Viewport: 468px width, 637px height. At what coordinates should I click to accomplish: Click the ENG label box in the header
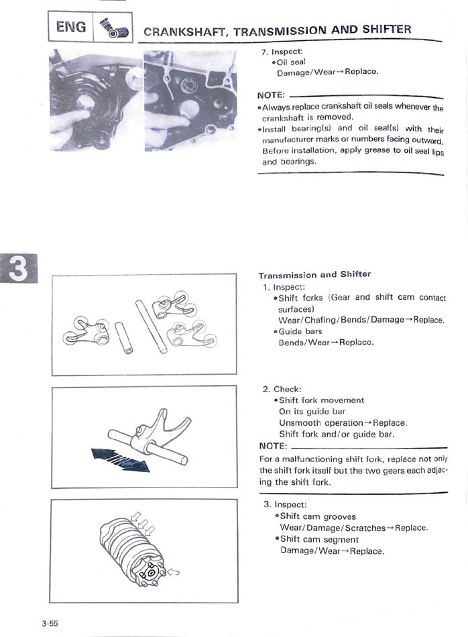pos(70,27)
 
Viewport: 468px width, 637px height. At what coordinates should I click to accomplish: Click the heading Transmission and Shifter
pos(314,275)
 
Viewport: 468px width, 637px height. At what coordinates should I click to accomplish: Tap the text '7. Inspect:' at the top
pos(283,52)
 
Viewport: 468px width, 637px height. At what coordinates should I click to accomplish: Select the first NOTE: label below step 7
pos(271,95)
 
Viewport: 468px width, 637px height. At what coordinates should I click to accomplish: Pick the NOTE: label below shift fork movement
pos(273,446)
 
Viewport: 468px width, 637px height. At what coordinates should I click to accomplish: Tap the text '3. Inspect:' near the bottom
pos(285,504)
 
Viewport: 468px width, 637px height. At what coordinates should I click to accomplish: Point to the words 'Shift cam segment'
pos(319,539)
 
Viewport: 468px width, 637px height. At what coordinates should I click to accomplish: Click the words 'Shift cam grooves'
pos(318,516)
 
